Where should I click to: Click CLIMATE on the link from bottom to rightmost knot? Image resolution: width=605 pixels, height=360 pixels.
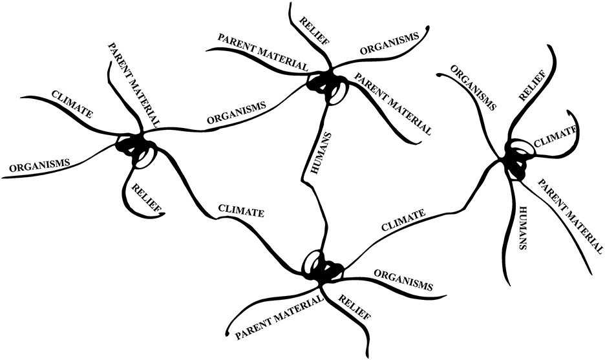[x=403, y=220]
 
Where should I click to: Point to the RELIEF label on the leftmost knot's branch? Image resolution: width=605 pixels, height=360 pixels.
[x=145, y=198]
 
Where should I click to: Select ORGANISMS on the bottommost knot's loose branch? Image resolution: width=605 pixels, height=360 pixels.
[x=403, y=279]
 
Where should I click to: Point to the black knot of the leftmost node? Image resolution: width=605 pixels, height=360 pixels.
[x=133, y=145]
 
